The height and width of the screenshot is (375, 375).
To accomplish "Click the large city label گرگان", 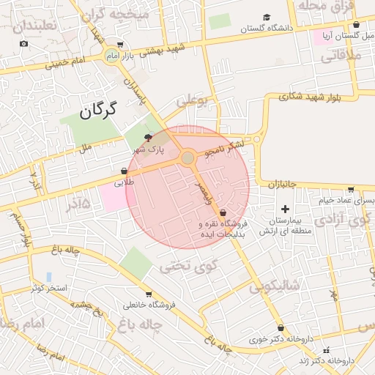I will [98, 111].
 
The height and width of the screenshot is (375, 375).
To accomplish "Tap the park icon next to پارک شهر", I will [149, 138].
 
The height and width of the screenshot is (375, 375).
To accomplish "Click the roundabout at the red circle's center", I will [188, 157].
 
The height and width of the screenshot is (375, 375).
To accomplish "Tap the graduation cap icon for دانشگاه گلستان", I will [267, 17].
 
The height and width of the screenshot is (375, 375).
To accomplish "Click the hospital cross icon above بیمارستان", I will [286, 209].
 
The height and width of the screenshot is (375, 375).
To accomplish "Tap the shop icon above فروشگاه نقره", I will [223, 212].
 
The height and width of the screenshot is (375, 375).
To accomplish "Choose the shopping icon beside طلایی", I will [124, 171].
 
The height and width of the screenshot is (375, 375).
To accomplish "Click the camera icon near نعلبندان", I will [24, 44].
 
